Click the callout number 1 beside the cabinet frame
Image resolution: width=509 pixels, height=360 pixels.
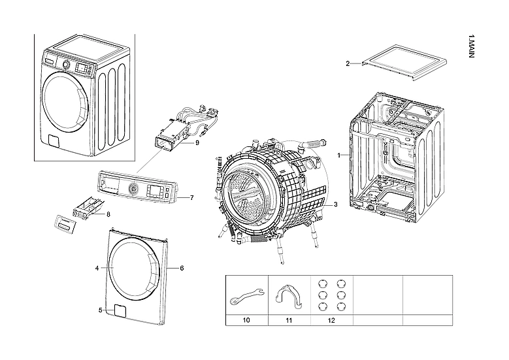coord(339,155)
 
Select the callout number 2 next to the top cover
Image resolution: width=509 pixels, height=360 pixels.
coord(348,63)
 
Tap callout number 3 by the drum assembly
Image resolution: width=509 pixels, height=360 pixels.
coord(335,205)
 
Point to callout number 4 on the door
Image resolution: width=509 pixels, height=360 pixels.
coord(97,268)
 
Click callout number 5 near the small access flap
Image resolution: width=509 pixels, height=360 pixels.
coord(100,310)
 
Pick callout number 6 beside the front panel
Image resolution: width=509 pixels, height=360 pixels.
coord(182,268)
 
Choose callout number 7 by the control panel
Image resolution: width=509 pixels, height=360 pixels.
coord(191,197)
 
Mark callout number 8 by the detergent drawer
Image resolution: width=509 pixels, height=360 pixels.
coord(108,214)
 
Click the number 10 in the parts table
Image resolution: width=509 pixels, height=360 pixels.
coord(246,320)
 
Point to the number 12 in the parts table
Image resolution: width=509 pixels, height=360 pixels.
coord(331,320)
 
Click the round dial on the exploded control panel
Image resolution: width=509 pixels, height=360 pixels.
coord(134,189)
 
